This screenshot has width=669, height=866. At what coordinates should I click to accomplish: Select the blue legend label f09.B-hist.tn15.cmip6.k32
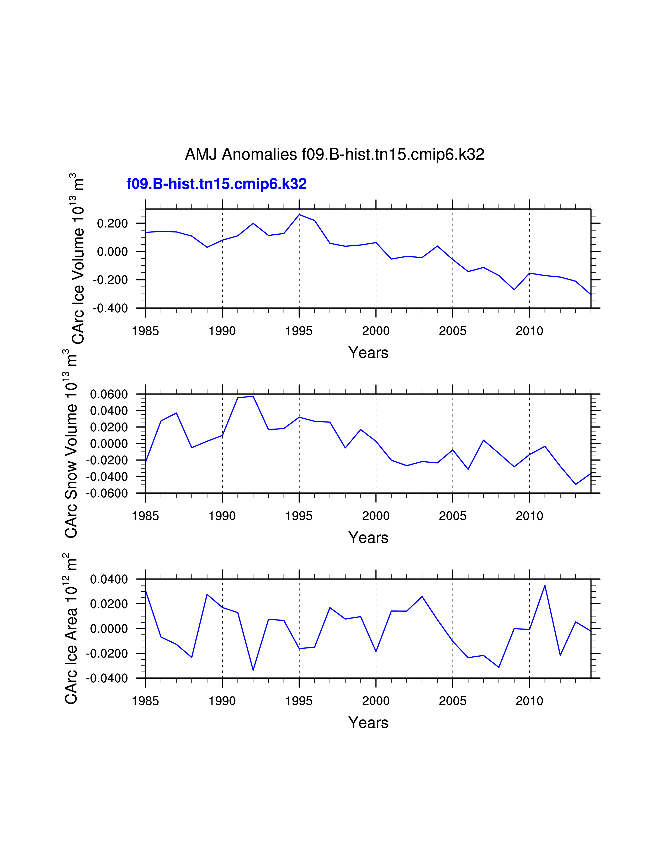click(216, 184)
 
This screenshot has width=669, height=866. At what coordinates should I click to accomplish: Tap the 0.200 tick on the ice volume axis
click(113, 223)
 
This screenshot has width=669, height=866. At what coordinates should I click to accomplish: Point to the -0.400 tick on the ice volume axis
click(110, 308)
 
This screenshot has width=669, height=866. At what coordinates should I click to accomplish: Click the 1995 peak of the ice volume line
click(299, 214)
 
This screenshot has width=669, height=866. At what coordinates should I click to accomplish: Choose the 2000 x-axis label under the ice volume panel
click(376, 331)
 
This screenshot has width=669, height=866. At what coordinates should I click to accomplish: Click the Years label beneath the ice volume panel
click(368, 352)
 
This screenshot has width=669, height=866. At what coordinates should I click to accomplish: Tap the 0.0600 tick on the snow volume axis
click(109, 394)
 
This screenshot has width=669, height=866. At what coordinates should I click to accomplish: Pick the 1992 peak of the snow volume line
click(253, 396)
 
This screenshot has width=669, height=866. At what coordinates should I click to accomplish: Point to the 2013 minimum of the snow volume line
click(575, 484)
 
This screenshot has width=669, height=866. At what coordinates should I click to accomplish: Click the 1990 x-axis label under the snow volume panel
click(222, 516)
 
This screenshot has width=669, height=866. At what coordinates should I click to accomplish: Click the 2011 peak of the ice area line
click(545, 585)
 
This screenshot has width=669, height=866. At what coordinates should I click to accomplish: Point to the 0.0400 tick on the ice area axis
click(109, 579)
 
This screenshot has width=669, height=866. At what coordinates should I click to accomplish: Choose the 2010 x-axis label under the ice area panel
click(529, 701)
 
